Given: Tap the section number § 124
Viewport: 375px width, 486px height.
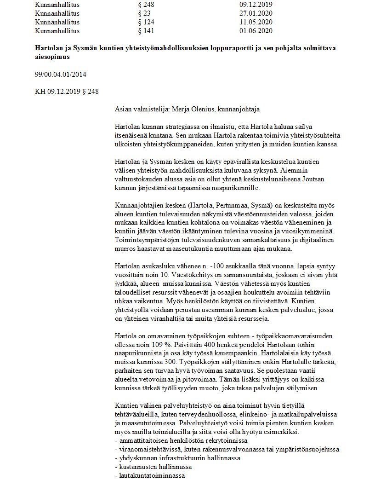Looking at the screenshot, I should tap(147, 22).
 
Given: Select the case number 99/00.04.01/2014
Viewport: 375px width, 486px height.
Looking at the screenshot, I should tap(61, 74).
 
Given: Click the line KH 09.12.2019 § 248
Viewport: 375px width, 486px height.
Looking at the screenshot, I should tap(66, 92).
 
